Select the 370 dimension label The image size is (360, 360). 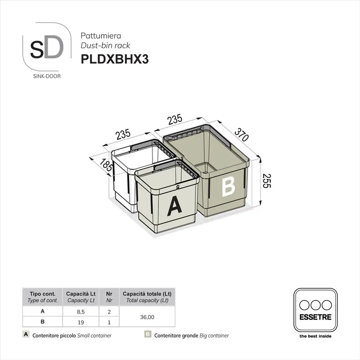(241, 134)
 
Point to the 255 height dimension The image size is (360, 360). (269, 181)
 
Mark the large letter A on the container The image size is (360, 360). (174, 206)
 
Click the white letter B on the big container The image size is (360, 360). (228, 185)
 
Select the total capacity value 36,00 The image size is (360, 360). (147, 317)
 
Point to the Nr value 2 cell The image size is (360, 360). (109, 311)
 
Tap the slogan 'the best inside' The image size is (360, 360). (315, 336)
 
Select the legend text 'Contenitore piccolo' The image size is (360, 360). (54, 336)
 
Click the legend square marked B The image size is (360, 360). (147, 335)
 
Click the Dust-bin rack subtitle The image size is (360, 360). (105, 45)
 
